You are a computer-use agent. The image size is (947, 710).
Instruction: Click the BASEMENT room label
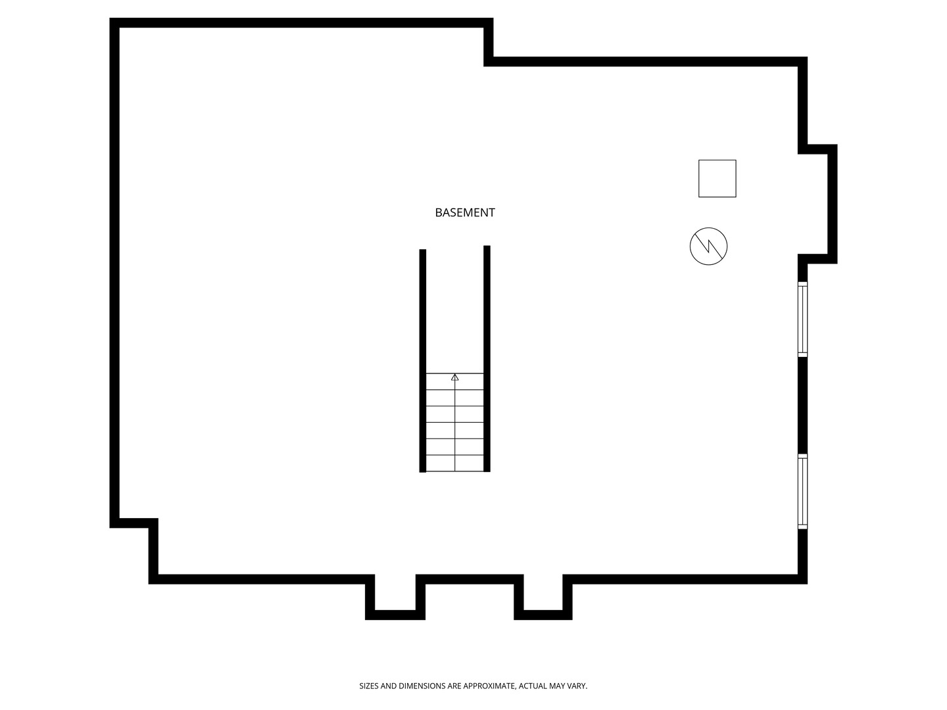(x=465, y=212)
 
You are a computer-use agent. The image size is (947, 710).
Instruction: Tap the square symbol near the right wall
(x=717, y=178)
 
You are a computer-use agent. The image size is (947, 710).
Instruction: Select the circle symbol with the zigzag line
(x=708, y=246)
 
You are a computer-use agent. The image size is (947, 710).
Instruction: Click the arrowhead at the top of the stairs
(x=454, y=377)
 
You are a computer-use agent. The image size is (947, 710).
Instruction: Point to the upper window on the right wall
(x=802, y=319)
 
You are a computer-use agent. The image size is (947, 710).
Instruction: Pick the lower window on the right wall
(x=802, y=492)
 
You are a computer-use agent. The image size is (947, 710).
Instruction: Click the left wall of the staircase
(x=423, y=361)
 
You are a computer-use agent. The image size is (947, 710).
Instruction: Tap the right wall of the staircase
(x=487, y=359)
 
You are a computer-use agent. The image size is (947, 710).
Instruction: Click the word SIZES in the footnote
(x=369, y=686)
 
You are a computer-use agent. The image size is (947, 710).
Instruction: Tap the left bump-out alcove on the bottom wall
(x=395, y=597)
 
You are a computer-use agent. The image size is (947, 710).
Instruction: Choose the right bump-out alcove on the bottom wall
(x=543, y=597)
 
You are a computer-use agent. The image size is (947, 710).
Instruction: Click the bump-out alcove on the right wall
(x=818, y=204)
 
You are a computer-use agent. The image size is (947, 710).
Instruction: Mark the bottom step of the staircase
(x=454, y=463)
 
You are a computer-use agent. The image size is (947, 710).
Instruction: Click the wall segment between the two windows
(x=802, y=405)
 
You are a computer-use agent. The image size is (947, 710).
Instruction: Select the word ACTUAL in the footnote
(x=532, y=686)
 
